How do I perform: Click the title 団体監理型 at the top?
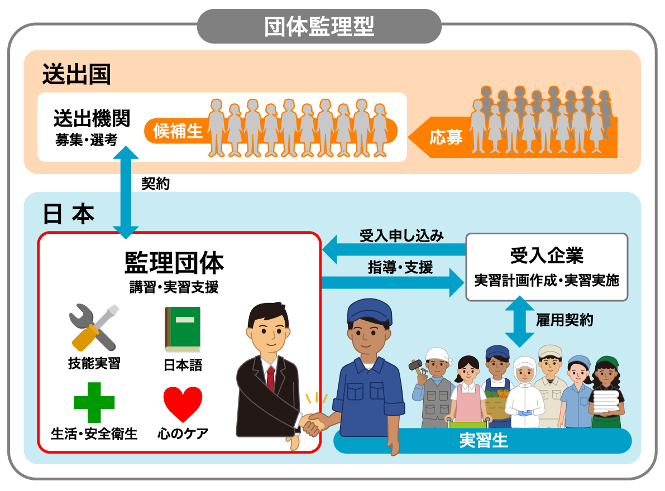[319, 26]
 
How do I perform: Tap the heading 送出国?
[76, 74]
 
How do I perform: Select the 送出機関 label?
[92, 118]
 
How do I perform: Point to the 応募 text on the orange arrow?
[446, 137]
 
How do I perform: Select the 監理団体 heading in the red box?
[174, 262]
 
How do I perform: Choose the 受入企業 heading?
[547, 256]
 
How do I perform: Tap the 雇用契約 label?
[564, 320]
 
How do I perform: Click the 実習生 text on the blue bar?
[484, 441]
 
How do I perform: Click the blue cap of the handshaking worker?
[366, 310]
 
